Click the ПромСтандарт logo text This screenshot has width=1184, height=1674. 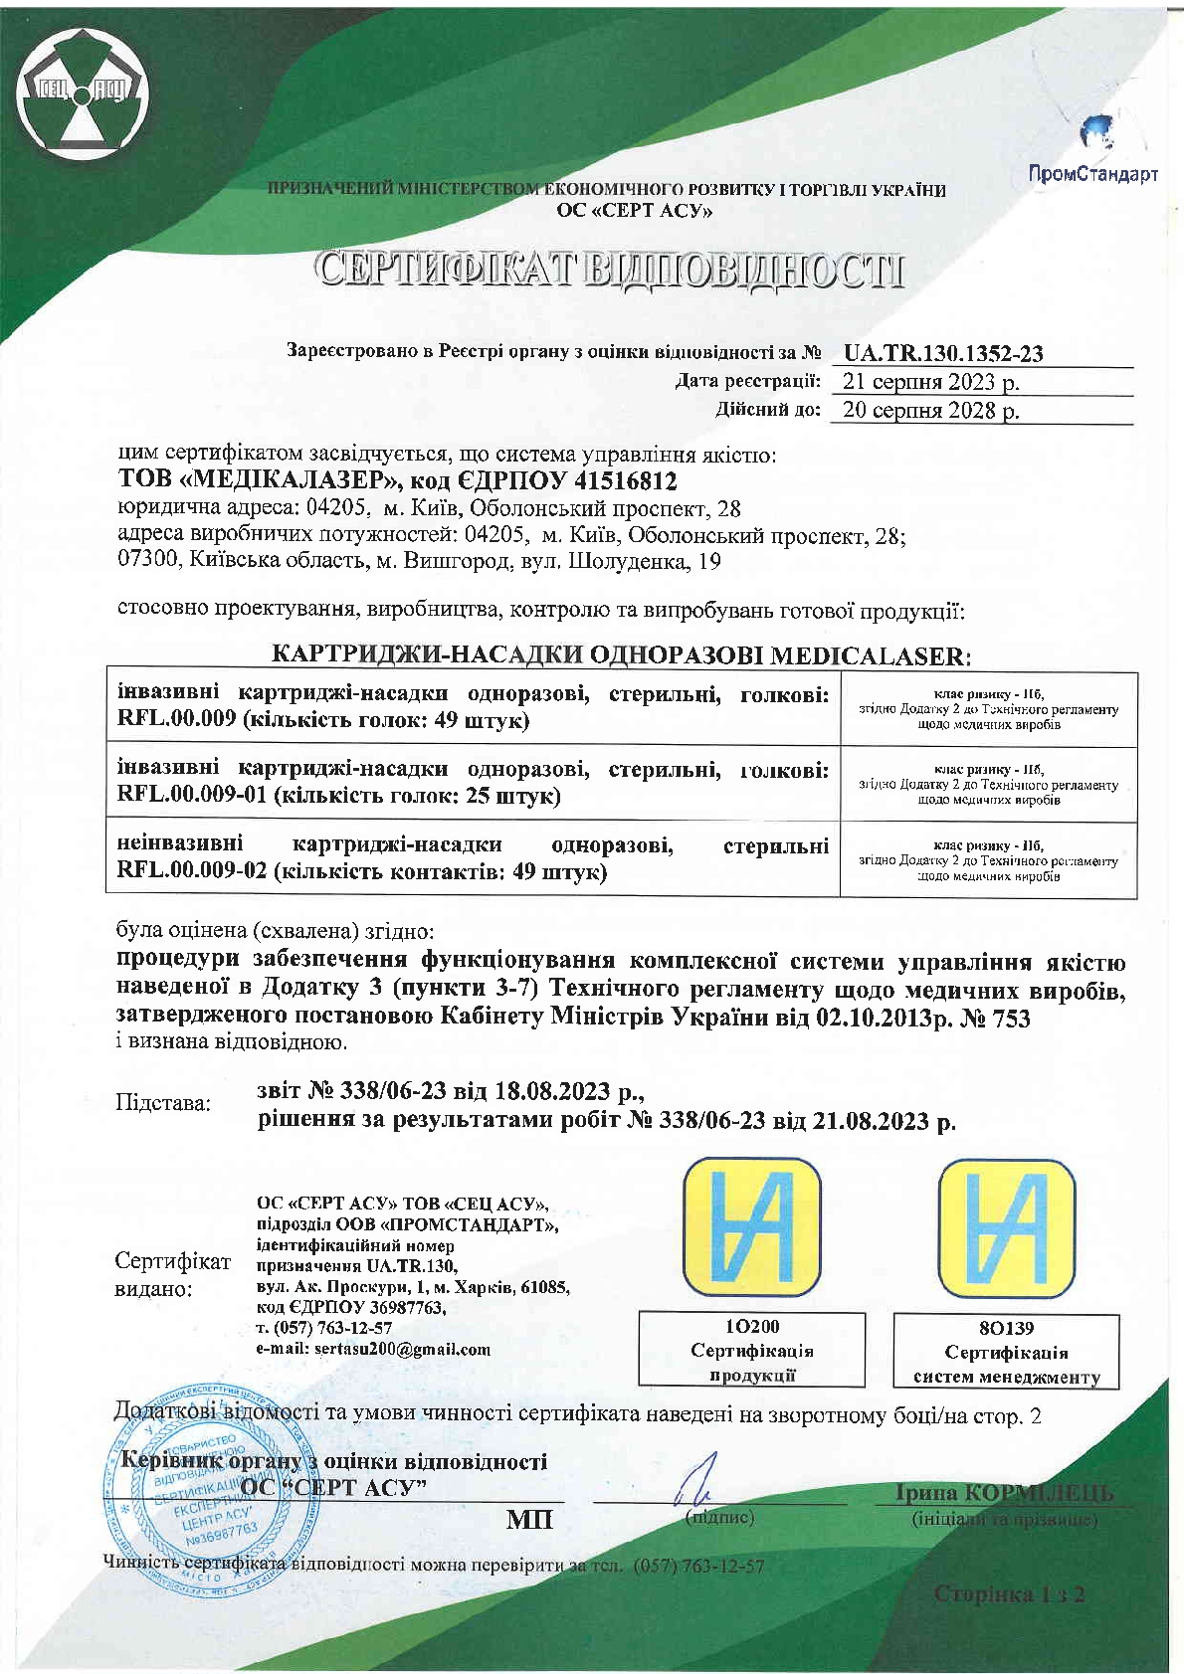(x=1092, y=175)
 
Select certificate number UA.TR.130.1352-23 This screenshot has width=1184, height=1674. (x=942, y=353)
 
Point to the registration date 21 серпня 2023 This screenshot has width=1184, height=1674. (x=930, y=382)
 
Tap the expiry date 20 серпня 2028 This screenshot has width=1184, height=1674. (x=930, y=410)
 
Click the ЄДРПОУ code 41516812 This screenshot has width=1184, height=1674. (x=617, y=481)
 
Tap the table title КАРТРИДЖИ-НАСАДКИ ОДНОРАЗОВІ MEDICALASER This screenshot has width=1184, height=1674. (x=620, y=655)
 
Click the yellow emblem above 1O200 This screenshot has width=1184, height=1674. (x=752, y=1229)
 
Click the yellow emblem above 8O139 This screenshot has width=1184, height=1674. (x=1007, y=1229)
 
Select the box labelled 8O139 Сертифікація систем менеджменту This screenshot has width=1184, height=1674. (x=1006, y=1352)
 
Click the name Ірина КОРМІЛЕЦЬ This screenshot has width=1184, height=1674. (x=1004, y=1493)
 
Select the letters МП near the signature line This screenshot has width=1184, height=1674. (x=529, y=1520)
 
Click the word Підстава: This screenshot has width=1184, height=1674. (x=164, y=1103)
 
